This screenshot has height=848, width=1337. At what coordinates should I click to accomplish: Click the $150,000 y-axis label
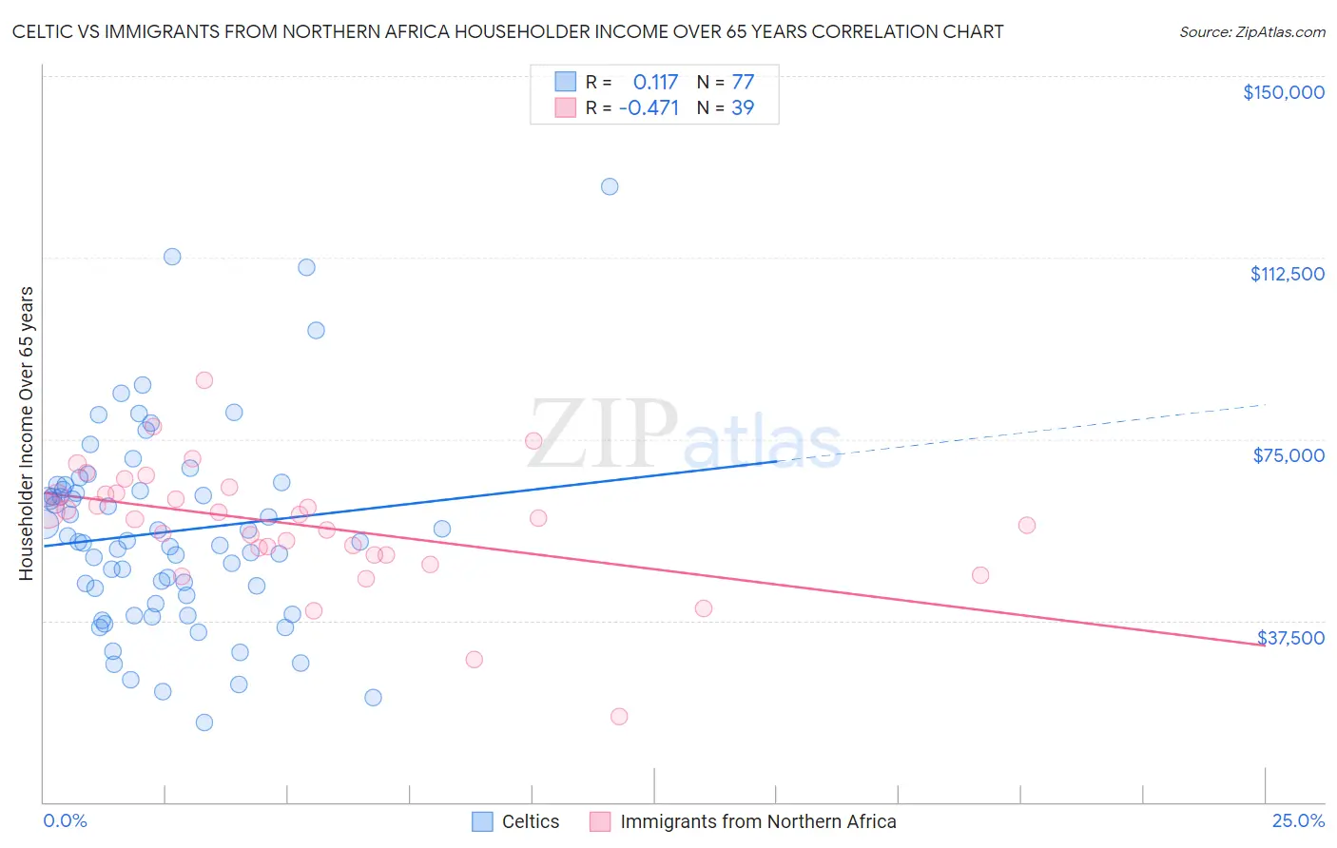[x=1283, y=92]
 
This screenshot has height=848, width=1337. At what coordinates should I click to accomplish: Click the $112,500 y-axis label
[x=1287, y=274]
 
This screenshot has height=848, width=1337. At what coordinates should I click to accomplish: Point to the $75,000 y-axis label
[x=1289, y=455]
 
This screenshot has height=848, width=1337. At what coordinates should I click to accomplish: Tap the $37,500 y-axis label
[x=1290, y=638]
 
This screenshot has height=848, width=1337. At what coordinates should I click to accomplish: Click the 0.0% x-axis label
[x=65, y=820]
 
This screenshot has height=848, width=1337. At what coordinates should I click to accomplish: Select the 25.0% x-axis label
[x=1298, y=820]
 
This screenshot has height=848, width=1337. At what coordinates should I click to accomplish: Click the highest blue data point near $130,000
[x=610, y=186]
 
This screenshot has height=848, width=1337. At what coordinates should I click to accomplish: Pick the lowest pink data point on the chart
[x=619, y=717]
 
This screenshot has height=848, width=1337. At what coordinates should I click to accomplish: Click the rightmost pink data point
[x=1026, y=525]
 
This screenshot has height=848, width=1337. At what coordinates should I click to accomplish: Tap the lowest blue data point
[x=203, y=723]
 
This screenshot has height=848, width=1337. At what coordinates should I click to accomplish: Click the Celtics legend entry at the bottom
[x=517, y=821]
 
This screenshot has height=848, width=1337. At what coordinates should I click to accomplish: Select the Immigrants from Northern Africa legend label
[x=757, y=821]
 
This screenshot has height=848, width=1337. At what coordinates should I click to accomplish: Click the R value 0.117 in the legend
[x=655, y=82]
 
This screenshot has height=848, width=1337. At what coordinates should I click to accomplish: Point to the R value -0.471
[x=649, y=107]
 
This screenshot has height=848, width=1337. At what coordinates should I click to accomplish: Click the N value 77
[x=742, y=82]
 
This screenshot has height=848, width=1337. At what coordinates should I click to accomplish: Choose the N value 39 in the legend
[x=742, y=107]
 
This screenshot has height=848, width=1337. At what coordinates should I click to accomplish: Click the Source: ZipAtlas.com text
[x=1251, y=31]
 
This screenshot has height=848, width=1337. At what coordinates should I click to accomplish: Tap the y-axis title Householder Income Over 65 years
[x=27, y=433]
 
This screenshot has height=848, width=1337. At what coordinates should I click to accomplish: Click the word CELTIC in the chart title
[x=43, y=31]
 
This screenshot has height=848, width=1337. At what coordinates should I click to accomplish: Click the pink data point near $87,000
[x=203, y=380]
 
